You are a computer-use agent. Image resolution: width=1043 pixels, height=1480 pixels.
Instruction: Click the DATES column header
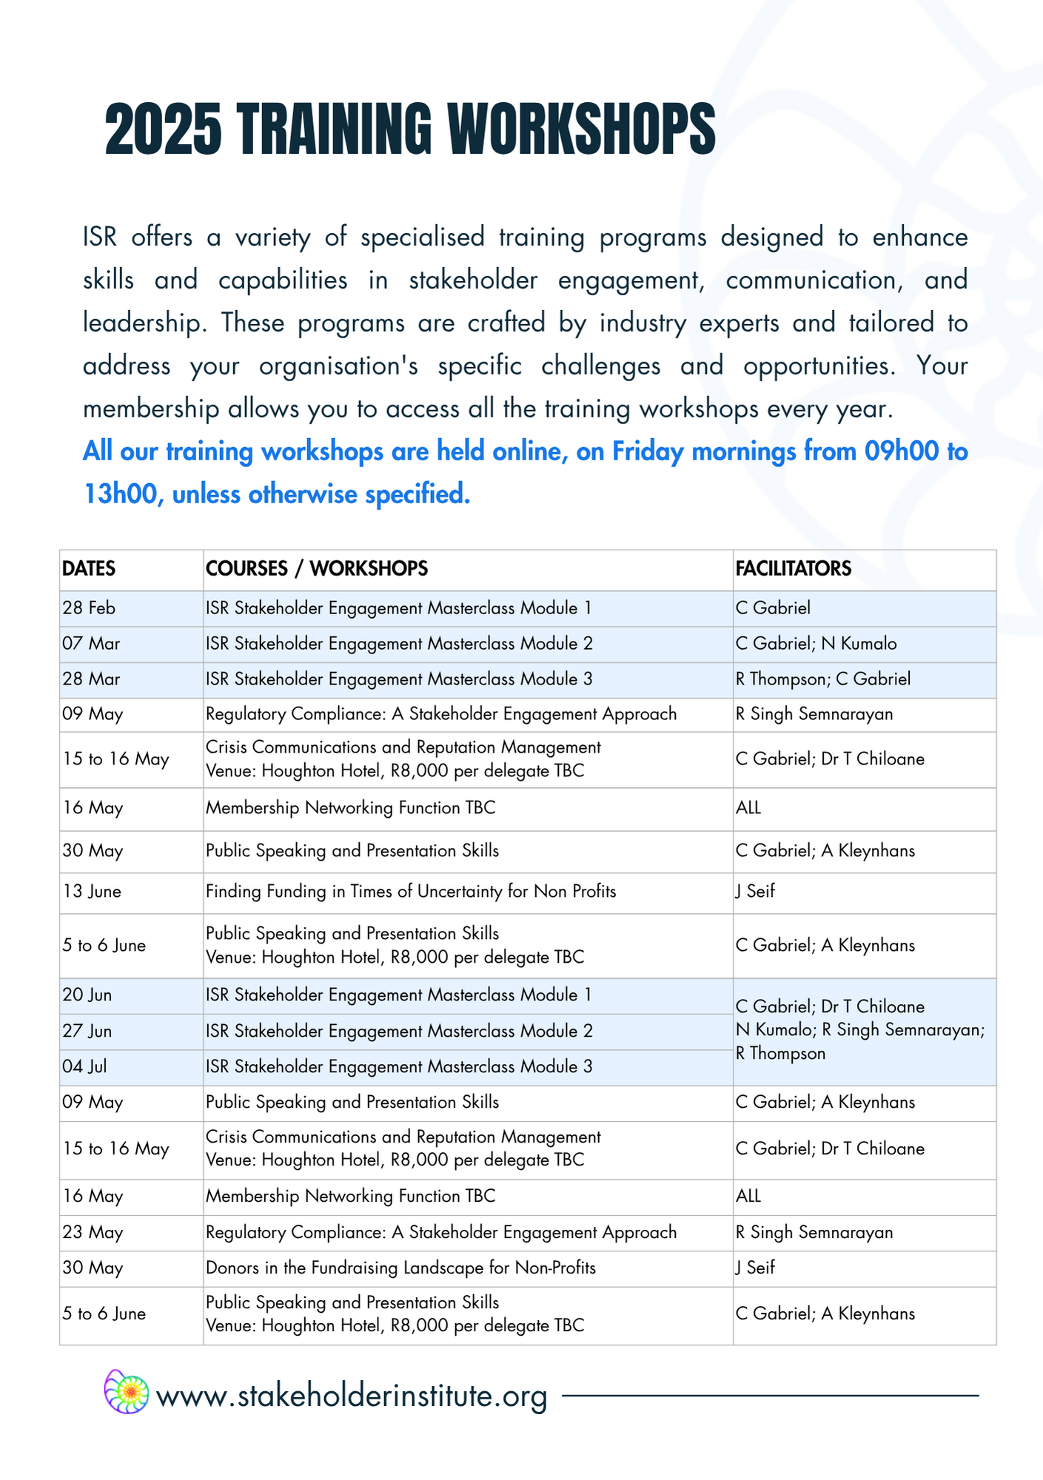(x=89, y=568)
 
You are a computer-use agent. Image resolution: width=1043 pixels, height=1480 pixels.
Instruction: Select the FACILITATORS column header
(x=793, y=568)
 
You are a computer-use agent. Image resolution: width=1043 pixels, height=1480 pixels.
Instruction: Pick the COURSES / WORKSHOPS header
(x=317, y=568)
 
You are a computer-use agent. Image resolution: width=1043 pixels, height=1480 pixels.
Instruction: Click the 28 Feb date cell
(x=89, y=608)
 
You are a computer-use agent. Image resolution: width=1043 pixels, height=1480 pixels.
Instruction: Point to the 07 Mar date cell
(x=91, y=644)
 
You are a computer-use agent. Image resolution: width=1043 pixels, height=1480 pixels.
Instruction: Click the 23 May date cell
(x=93, y=1232)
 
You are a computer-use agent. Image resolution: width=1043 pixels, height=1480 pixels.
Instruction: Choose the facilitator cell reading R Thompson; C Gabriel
(x=822, y=679)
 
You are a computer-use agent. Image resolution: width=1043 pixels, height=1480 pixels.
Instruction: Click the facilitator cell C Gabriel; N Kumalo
(x=816, y=644)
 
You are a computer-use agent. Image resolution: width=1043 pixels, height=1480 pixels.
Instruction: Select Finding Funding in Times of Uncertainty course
(x=411, y=892)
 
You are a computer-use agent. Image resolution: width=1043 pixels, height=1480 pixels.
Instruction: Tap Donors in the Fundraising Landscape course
(x=400, y=1268)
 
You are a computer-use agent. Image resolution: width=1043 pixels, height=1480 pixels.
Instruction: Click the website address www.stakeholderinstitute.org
(x=352, y=1396)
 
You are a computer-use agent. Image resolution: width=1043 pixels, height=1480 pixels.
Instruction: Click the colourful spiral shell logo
(x=127, y=1392)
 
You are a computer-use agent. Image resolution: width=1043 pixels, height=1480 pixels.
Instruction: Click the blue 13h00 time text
(x=121, y=494)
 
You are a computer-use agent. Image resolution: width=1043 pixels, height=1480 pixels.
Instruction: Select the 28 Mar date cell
(x=91, y=679)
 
